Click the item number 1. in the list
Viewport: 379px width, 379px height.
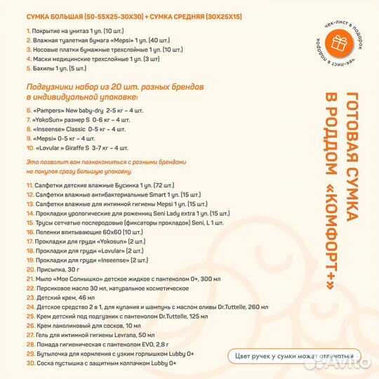[x=28, y=31]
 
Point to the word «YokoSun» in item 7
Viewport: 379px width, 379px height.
[x=51, y=120]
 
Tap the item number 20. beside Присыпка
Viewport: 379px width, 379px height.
[x=30, y=268]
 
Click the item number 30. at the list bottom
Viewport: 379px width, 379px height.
[x=30, y=363]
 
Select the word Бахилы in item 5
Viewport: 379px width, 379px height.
[x=44, y=69]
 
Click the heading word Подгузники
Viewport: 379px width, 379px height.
[x=48, y=86]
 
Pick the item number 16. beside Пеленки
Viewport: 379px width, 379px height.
[x=30, y=230]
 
